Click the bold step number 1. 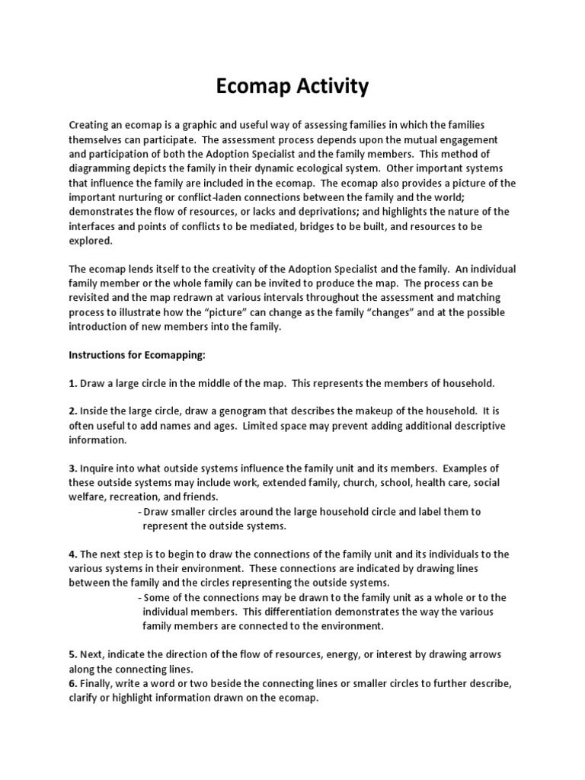pos(73,382)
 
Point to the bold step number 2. pos(73,412)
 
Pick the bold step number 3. pos(73,468)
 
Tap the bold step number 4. pos(73,554)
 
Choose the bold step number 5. pos(73,654)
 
